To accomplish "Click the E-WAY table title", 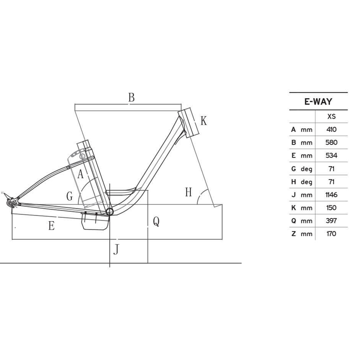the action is (x=318, y=102).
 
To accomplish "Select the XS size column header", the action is (x=331, y=116).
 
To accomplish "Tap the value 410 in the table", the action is (x=331, y=130).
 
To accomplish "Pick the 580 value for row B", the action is (x=331, y=142).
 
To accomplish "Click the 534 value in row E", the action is (x=331, y=156).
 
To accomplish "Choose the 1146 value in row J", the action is (x=331, y=195).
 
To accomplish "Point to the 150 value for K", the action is (x=331, y=208).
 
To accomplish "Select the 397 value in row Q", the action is (x=331, y=221).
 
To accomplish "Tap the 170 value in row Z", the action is (x=331, y=234).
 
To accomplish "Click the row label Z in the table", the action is (x=293, y=234).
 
